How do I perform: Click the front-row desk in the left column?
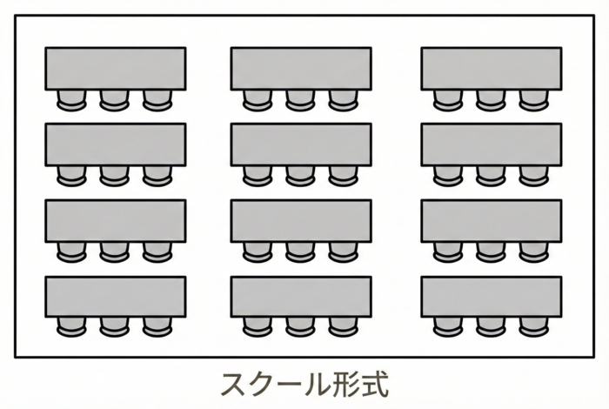(x=115, y=68)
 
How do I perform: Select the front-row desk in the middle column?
(x=301, y=68)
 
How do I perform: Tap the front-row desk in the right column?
(x=492, y=68)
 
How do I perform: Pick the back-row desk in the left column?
(x=115, y=297)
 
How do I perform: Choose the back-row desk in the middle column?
(x=301, y=297)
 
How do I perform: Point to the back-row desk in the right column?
(x=492, y=297)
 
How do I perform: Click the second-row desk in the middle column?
(x=301, y=144)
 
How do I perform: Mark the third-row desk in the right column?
(x=492, y=220)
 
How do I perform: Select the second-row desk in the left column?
(x=115, y=144)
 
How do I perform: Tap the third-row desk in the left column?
(x=115, y=220)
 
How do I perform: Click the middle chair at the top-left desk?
(x=115, y=100)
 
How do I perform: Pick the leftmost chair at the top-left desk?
(x=72, y=100)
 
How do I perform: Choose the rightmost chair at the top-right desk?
(x=533, y=100)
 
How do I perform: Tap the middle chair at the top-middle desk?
(x=301, y=100)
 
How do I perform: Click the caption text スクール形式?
(x=304, y=383)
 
